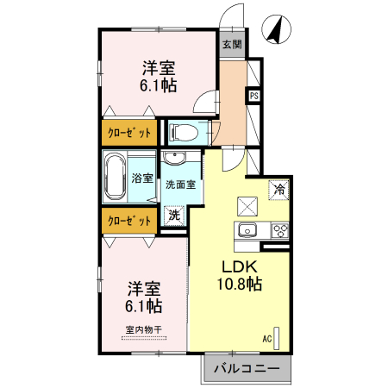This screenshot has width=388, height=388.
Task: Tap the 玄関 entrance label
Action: pyautogui.click(x=230, y=44)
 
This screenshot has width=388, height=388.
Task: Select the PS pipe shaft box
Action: pyautogui.click(x=254, y=95)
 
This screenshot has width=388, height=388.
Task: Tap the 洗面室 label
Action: pyautogui.click(x=180, y=184)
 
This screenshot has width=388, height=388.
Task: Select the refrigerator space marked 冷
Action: pyautogui.click(x=279, y=188)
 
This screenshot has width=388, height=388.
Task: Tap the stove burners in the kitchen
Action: pyautogui.click(x=279, y=229)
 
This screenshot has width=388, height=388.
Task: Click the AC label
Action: pyautogui.click(x=267, y=339)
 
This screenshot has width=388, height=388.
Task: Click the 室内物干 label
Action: pyautogui.click(x=143, y=329)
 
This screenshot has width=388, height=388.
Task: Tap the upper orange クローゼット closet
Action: pyautogui.click(x=128, y=133)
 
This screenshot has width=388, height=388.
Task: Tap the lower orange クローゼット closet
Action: pyautogui.click(x=128, y=221)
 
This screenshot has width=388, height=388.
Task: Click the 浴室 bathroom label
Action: pyautogui.click(x=143, y=178)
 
